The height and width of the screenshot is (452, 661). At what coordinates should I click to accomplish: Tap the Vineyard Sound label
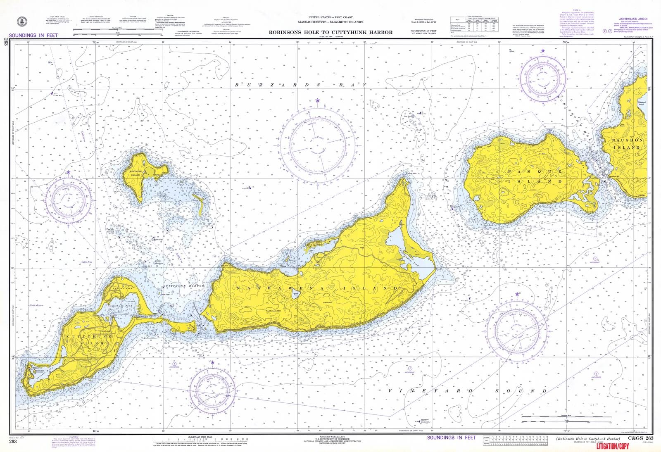coord(467,391)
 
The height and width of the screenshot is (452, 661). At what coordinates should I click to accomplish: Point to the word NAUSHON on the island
coord(628,140)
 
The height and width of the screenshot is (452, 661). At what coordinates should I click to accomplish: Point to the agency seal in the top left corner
coord(20,21)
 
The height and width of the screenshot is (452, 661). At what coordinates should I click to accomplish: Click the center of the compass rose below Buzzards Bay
coord(318,147)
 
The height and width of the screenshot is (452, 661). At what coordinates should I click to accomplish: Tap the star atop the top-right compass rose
coord(542,51)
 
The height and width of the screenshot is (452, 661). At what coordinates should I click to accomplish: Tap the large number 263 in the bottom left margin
coord(13,442)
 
